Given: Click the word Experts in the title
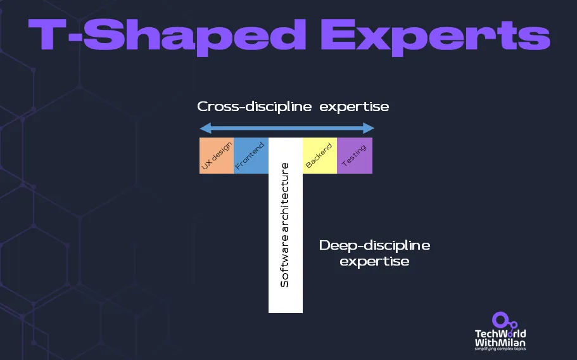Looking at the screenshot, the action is pos(435,36).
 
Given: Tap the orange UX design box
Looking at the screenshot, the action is pos(217,155).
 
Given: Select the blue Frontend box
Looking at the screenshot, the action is pos(251,155).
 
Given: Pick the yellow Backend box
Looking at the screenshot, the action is pos(320,155).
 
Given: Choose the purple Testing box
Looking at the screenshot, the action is pos(355,155).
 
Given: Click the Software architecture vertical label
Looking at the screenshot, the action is pos(284,225).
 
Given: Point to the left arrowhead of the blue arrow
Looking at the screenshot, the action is pos(205,128).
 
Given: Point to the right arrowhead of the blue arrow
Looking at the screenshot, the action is pos(369,128).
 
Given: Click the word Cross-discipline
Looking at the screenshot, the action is pos(254,106).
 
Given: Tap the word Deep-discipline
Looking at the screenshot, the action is pos(374,245).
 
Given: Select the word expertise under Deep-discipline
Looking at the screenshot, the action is pos(374,261).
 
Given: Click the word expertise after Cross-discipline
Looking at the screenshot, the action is pos(354,106).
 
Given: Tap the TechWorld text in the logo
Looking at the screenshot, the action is pos(500,333).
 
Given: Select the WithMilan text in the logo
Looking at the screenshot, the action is pos(500,342).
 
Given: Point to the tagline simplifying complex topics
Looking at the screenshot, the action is pos(500,349).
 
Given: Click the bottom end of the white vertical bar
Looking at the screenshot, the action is pos(286,312).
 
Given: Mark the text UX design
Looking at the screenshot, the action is pos(217,156).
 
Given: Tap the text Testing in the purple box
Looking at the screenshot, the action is pos(354,155).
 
